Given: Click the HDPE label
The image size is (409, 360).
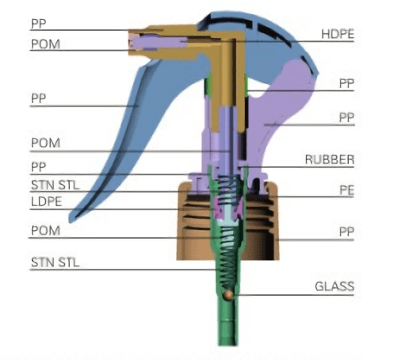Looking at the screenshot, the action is (x=338, y=34).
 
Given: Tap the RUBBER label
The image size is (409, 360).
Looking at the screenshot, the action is (x=330, y=159).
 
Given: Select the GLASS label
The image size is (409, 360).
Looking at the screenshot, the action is (x=334, y=286).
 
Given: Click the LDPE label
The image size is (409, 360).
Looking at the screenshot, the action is (x=47, y=201).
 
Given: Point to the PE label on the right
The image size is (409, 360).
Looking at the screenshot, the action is (x=346, y=190).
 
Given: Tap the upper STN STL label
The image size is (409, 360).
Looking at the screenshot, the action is (x=55, y=185).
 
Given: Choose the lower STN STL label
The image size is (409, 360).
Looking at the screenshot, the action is (x=55, y=262).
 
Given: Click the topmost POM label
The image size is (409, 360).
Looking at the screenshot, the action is (x=45, y=44).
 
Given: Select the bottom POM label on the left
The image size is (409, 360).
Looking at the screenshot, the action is (x=45, y=231).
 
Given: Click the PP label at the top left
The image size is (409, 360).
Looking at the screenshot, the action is (x=39, y=24).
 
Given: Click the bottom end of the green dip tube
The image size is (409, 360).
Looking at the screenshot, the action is (x=227, y=344).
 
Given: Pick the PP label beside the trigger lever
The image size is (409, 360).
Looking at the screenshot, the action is (x=39, y=98).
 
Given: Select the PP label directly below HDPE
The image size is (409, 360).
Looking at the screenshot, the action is (x=346, y=83).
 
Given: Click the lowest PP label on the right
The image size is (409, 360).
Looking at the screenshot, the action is (x=346, y=232).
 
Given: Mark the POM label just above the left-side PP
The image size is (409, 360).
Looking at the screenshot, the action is (x=45, y=143).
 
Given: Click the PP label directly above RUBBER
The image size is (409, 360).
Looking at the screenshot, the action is (x=346, y=117).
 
